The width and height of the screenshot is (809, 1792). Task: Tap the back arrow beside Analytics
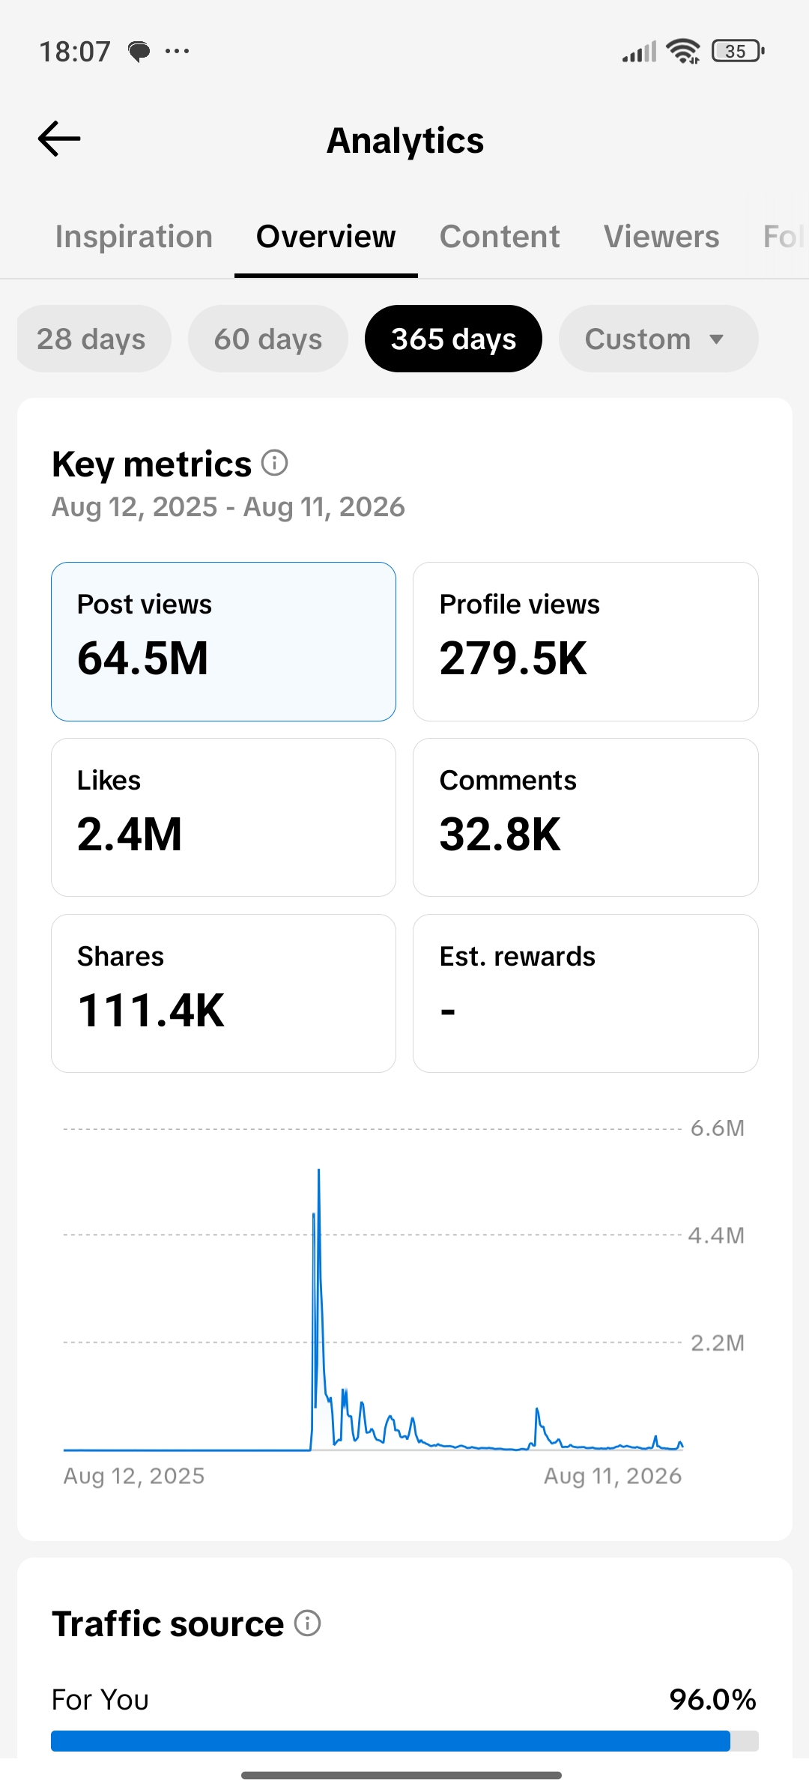pos(59,139)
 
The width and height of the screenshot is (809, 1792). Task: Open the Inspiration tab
pos(134,237)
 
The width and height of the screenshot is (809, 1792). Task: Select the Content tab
pos(500,237)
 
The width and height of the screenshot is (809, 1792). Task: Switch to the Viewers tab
pos(661,237)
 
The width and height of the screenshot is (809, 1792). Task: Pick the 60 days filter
pos(268,339)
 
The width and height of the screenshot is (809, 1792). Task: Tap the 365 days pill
pos(453,339)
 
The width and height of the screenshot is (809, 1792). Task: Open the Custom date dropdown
pos(658,339)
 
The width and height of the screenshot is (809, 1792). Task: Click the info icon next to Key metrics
pos(275,463)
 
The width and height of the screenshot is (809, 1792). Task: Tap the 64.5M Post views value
pos(143,659)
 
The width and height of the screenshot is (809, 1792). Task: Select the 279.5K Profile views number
pos(513,659)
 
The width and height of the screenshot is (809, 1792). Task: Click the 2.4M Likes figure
pos(130,835)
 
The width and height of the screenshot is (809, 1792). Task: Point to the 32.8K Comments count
pos(500,835)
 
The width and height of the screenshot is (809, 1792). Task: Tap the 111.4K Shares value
pos(151,1011)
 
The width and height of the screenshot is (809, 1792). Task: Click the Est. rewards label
pos(518,957)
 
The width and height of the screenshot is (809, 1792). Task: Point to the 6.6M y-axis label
pos(718,1128)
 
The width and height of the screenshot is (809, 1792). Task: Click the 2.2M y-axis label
pos(718,1343)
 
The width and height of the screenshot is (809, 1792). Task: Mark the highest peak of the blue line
pos(318,1169)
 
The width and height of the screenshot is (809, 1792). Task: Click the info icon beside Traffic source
pos(307,1623)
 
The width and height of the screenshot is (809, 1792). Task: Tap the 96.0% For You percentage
pos(713,1700)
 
